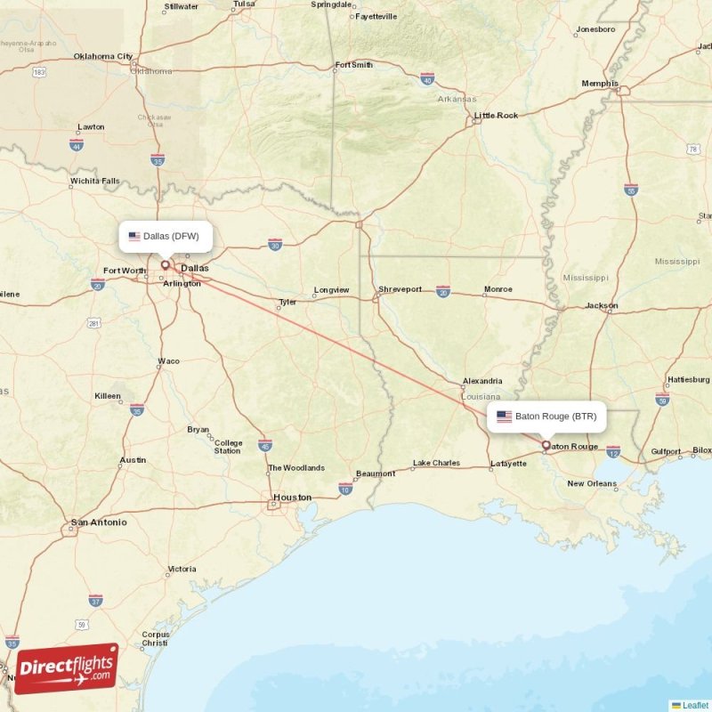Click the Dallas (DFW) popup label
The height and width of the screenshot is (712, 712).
coord(166,237)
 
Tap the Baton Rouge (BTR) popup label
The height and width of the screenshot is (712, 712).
coord(546,416)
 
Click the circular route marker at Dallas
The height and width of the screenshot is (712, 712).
coord(165,264)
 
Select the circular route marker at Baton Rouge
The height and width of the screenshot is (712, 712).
coord(546,444)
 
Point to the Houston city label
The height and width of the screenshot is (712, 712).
coord(292,498)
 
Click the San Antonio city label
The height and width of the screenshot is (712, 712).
coord(99,522)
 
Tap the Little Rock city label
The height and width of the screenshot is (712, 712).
coord(496,116)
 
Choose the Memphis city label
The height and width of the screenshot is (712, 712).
coord(600,84)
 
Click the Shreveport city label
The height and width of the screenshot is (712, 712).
coord(400,289)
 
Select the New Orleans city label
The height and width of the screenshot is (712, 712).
coord(592,484)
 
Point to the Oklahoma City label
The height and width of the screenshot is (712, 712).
coord(103,57)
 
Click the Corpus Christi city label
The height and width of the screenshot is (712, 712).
coord(155,639)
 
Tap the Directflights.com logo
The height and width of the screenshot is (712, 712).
coord(67,668)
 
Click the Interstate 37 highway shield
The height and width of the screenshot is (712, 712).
coord(95,600)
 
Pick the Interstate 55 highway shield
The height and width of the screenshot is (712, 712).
coord(631,190)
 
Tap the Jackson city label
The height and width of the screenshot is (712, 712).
coord(602,306)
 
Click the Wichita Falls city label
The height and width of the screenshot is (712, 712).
coord(94,182)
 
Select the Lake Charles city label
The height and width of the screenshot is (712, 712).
coord(436,463)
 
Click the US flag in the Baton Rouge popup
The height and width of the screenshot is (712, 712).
coord(504,416)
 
